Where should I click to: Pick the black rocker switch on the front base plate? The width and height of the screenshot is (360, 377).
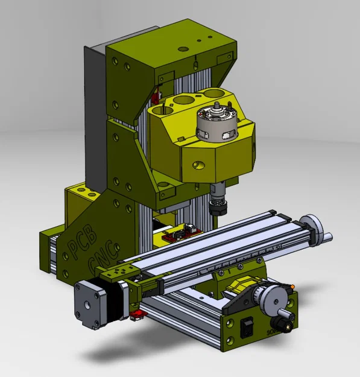(245, 330)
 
